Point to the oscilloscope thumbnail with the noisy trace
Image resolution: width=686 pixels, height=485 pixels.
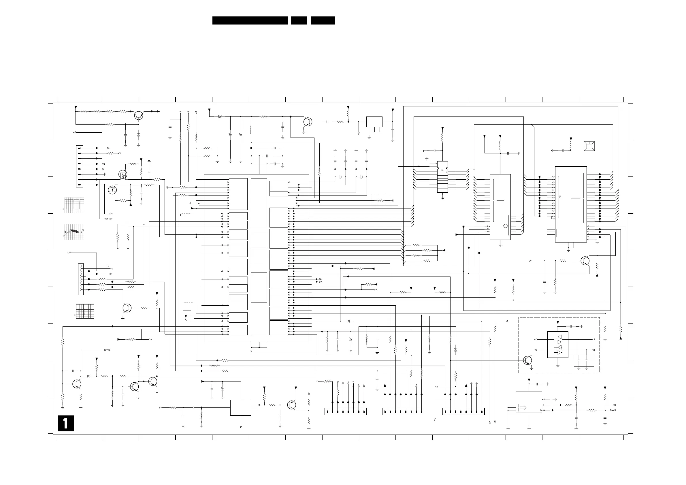pos(74,232)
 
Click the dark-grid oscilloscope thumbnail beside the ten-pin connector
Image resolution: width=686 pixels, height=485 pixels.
pos(85,311)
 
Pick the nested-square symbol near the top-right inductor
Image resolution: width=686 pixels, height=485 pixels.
pos(589,146)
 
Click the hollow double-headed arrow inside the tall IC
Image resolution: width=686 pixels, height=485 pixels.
pos(506,226)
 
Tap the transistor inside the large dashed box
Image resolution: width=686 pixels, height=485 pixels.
pos(528,360)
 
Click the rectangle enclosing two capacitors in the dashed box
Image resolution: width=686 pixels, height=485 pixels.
pos(584,361)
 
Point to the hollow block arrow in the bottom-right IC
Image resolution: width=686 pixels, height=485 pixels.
pos(523,408)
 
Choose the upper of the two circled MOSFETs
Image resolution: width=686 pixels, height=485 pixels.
pos(122,174)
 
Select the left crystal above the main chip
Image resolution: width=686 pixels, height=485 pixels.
pos(340,177)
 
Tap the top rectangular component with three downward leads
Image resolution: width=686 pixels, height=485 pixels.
pos(374,122)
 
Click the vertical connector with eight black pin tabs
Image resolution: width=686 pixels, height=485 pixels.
pos(79,166)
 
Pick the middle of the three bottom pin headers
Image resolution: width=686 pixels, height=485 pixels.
pos(403,411)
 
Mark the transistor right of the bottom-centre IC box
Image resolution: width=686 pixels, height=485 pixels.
pos(292,405)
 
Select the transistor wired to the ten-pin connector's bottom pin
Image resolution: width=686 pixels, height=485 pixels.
pos(127,308)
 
